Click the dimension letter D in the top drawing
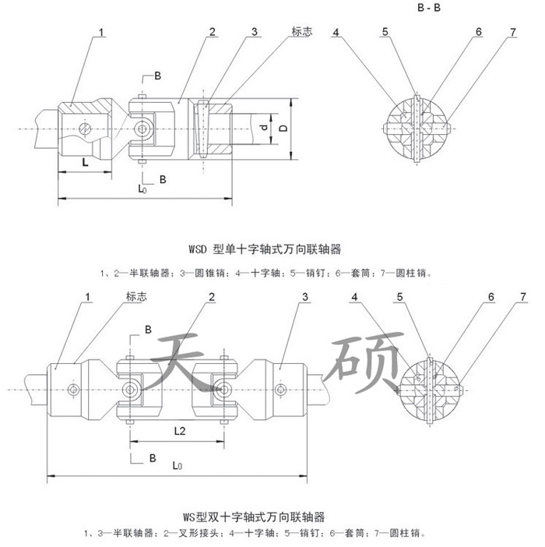click(x=285, y=126)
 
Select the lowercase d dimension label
click(x=263, y=126)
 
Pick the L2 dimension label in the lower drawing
click(x=179, y=429)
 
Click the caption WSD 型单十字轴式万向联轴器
click(x=265, y=249)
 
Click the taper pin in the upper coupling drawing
click(x=202, y=127)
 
